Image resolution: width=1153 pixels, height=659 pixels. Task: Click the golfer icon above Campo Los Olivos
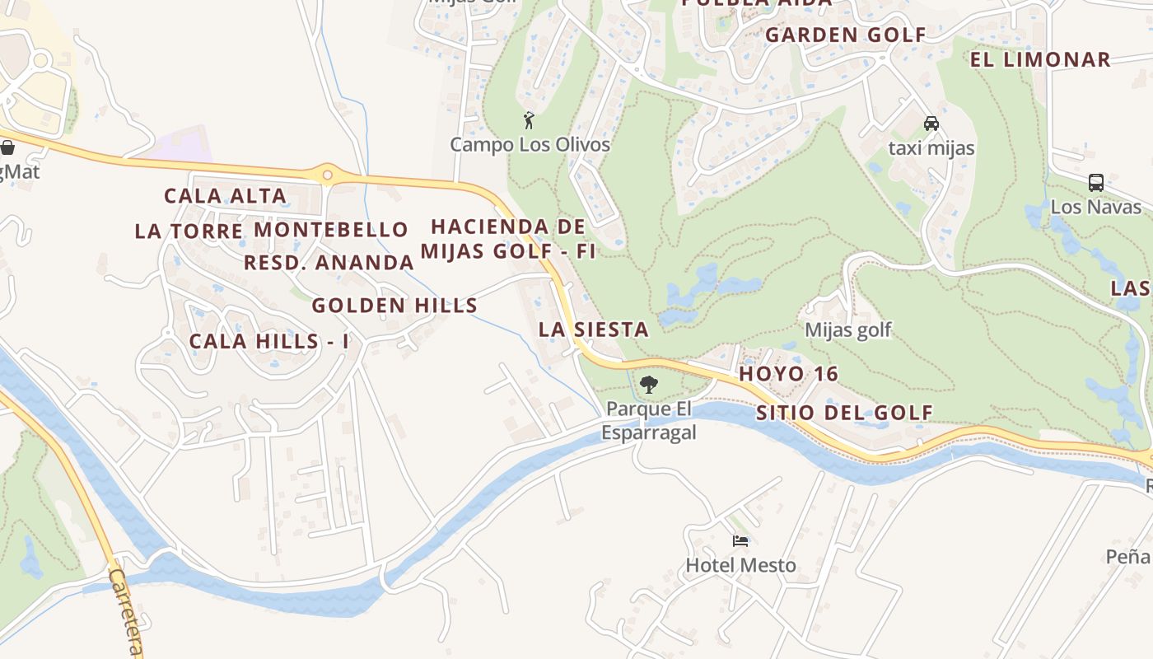tap(529, 120)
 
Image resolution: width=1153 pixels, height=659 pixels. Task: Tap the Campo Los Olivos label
tap(530, 145)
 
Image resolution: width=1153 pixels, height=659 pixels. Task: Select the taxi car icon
tap(931, 124)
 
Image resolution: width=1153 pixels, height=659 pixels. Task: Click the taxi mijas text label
tap(931, 148)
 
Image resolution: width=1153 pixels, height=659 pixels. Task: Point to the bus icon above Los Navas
tap(1095, 183)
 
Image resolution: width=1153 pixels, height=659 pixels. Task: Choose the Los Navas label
tap(1095, 207)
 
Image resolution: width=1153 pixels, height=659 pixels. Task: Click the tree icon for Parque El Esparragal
tap(649, 384)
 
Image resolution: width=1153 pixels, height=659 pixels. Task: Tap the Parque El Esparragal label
tap(649, 420)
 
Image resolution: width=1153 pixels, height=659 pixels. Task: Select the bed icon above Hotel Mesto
tap(740, 541)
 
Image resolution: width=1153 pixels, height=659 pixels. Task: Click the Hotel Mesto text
tap(740, 565)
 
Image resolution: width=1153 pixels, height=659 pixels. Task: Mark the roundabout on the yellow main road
tap(328, 175)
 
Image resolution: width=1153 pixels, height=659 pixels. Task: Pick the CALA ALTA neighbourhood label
tap(225, 196)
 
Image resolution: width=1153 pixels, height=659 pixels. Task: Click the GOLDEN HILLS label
tap(394, 306)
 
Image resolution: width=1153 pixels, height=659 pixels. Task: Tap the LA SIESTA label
tap(593, 329)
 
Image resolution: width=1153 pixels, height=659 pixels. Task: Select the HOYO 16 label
tap(788, 374)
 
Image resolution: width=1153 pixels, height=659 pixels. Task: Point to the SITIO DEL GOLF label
tap(844, 413)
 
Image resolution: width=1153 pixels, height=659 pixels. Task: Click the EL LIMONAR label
tap(1040, 59)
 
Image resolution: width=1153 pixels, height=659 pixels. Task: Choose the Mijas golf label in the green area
tap(847, 330)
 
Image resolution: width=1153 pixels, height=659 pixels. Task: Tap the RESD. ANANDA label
tap(329, 263)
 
